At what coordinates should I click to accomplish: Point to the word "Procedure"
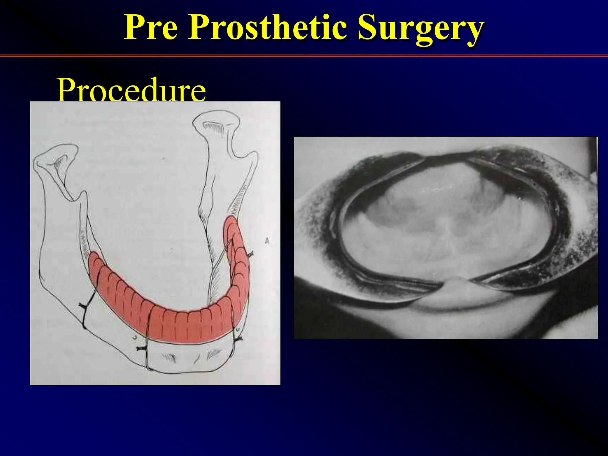tap(132, 89)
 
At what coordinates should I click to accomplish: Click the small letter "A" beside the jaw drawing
tap(267, 242)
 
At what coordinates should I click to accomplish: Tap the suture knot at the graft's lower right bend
tap(237, 339)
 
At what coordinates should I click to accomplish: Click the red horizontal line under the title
tap(304, 56)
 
